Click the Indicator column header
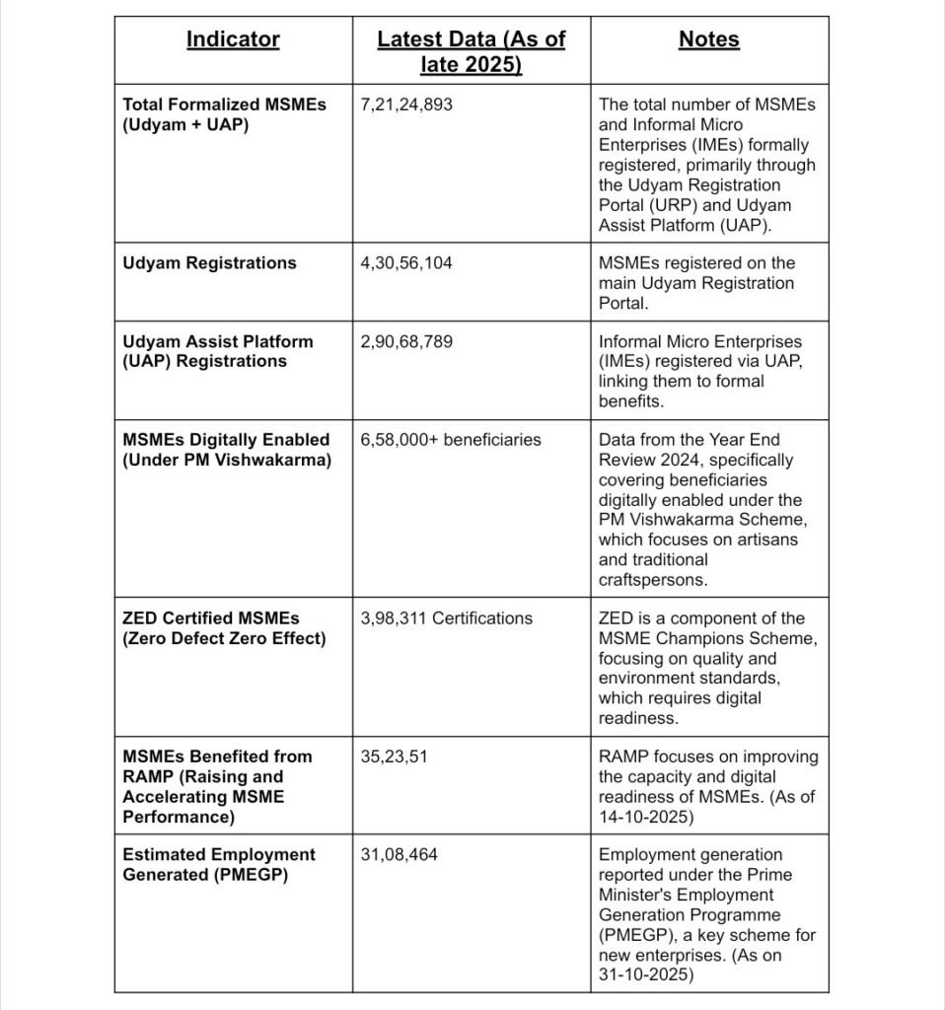tap(233, 39)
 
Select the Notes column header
tap(708, 39)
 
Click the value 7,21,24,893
tap(406, 105)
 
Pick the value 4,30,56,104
tap(406, 263)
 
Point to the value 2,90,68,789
tap(406, 341)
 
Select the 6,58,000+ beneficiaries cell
tap(451, 440)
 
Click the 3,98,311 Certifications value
tap(446, 618)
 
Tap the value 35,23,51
tap(395, 757)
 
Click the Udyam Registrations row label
tap(209, 263)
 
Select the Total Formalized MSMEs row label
tap(223, 114)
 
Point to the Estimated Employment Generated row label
tap(219, 865)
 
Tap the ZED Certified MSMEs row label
tap(223, 628)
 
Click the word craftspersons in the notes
tap(652, 580)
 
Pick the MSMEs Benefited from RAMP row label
tap(217, 786)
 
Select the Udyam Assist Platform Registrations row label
tap(217, 351)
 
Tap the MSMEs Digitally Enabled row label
tap(226, 450)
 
